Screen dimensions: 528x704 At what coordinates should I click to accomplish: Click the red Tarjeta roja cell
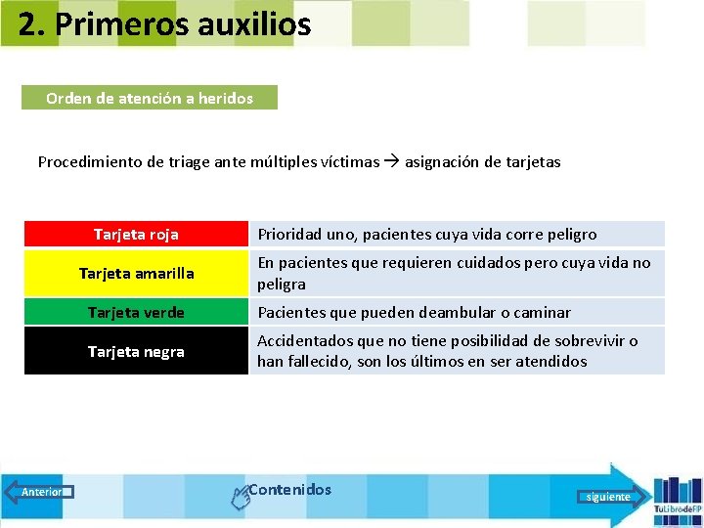click(x=136, y=235)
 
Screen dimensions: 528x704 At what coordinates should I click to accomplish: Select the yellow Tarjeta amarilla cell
click(x=136, y=274)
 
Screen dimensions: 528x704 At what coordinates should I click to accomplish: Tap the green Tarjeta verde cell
click(x=136, y=313)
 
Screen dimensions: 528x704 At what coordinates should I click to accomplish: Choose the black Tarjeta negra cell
click(x=136, y=351)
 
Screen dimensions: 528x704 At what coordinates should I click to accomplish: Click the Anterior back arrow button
click(x=39, y=492)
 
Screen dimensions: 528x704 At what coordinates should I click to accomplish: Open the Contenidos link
click(x=289, y=490)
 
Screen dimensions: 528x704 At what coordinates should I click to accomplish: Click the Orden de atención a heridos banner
click(x=150, y=98)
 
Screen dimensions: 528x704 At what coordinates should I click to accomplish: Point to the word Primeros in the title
click(x=110, y=23)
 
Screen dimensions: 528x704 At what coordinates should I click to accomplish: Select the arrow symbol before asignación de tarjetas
click(x=392, y=162)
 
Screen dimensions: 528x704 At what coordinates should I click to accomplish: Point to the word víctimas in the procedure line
click(x=349, y=162)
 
